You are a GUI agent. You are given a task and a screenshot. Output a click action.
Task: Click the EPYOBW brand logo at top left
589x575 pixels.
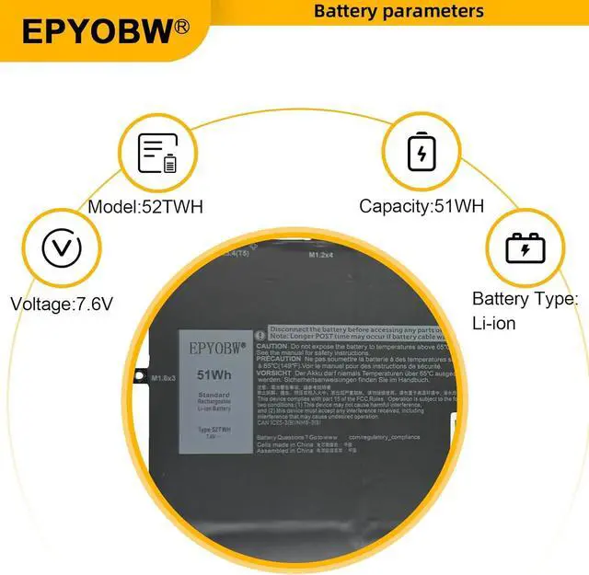click(x=97, y=30)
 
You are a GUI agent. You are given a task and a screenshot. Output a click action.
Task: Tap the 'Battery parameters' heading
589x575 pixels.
click(x=398, y=11)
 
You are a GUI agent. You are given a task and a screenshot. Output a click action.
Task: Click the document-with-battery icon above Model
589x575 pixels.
click(x=157, y=154)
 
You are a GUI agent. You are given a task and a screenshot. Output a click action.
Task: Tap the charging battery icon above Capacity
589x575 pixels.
click(x=421, y=152)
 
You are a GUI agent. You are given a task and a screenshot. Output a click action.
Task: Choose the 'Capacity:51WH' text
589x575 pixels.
click(x=422, y=206)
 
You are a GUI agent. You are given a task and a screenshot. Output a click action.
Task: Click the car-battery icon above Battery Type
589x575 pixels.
click(x=524, y=247)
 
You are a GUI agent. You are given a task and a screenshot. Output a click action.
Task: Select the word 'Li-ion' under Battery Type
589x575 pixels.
click(x=494, y=323)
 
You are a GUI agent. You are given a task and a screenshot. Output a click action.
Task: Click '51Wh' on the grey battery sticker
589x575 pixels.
click(x=214, y=374)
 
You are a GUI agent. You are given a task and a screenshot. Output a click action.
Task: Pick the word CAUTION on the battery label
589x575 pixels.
click(x=272, y=346)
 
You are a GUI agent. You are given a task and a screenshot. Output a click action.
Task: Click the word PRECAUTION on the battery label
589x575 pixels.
click(x=279, y=359)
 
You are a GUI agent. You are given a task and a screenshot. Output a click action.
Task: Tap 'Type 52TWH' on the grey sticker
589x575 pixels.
click(x=214, y=430)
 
